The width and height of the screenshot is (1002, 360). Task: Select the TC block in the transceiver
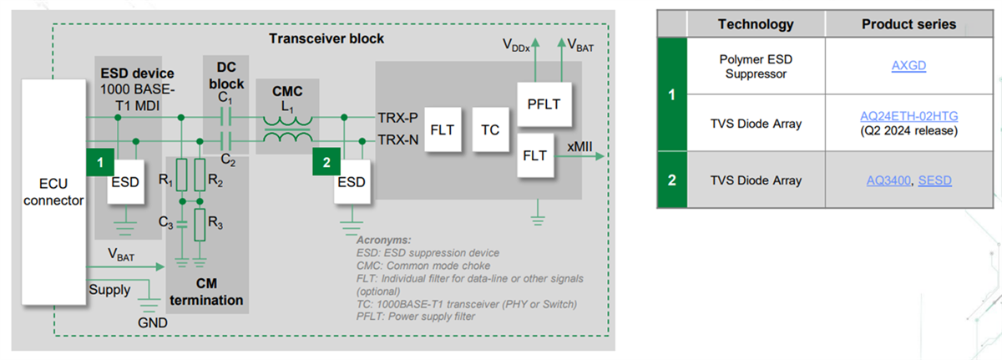[490, 129]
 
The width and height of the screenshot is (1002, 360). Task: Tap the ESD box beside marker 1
[125, 182]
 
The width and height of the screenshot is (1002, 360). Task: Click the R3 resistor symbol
[200, 223]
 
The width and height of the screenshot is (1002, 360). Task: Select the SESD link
[935, 180]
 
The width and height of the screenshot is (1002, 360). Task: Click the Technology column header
[756, 24]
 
